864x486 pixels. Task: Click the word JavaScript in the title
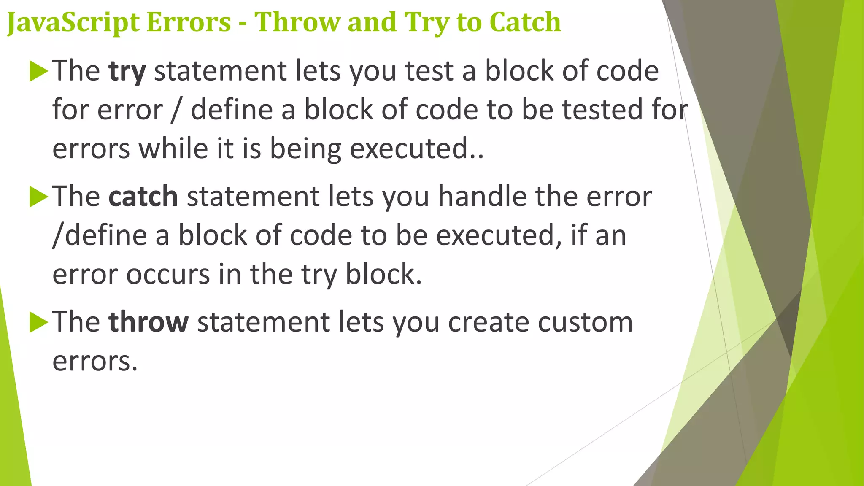point(73,23)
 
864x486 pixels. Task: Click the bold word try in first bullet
point(127,71)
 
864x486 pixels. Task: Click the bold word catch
point(143,197)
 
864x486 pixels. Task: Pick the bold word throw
point(148,322)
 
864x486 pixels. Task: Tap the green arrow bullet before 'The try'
point(39,71)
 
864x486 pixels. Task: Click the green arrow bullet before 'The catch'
point(39,197)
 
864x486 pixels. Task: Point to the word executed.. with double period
point(416,149)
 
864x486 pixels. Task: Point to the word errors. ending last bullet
point(95,362)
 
